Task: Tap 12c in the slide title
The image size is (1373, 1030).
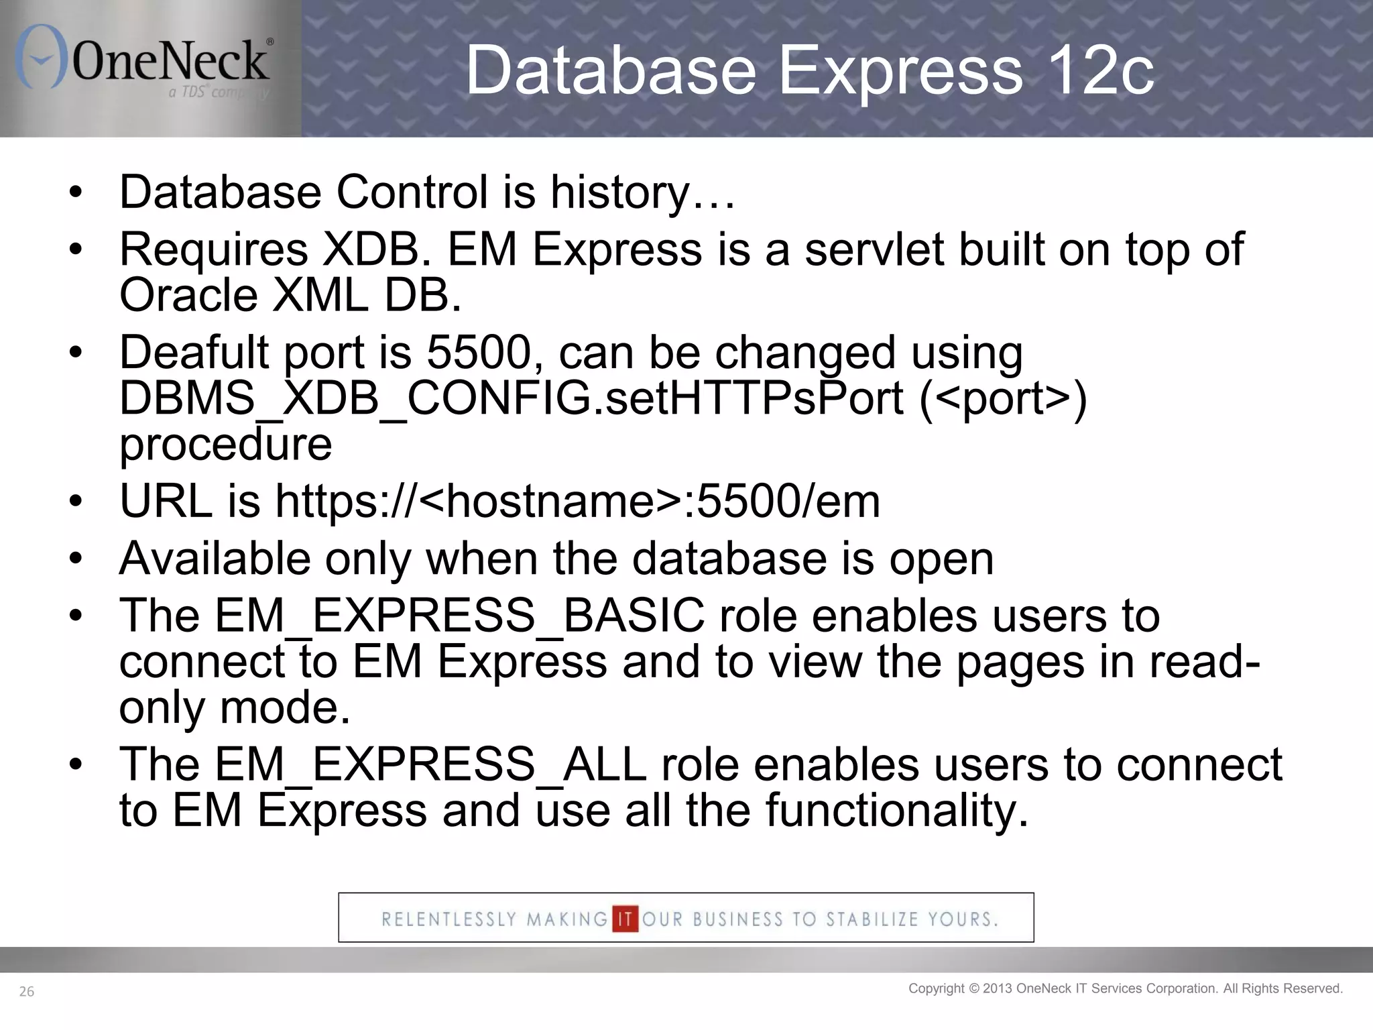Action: coord(1099,70)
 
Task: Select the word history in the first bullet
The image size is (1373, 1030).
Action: coord(619,192)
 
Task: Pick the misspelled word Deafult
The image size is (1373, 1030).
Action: coord(194,353)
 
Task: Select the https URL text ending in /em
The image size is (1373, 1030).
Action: coord(577,502)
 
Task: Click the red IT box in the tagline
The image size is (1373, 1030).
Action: coord(625,918)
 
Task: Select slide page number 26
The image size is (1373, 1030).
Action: coord(27,992)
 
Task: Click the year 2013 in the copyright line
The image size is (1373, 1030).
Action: coord(998,988)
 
